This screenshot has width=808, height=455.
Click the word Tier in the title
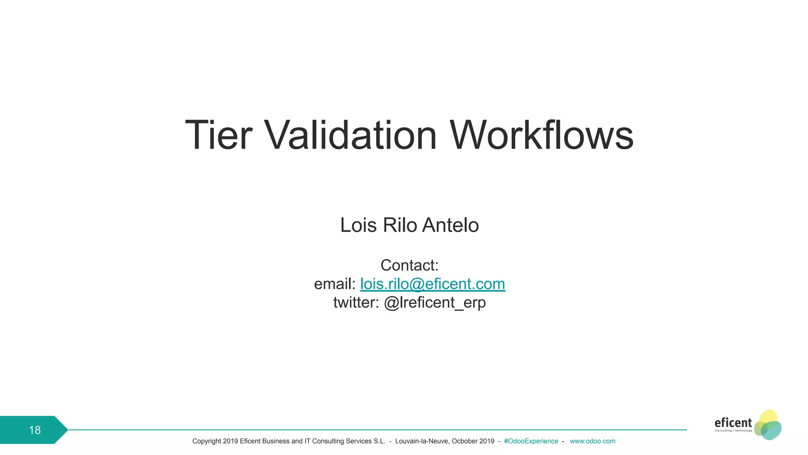coord(218,135)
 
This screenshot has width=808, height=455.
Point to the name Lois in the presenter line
coord(358,225)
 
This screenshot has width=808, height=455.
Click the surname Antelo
coord(450,225)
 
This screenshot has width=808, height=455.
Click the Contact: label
coord(410,265)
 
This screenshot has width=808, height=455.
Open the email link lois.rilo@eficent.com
coord(432,284)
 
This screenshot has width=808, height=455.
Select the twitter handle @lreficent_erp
coord(435,303)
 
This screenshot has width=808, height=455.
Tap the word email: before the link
coord(335,284)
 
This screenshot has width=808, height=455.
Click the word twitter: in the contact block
coord(356,303)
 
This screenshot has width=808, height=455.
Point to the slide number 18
coord(35,430)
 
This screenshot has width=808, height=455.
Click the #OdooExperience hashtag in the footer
coord(531,441)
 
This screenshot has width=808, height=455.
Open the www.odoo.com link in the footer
coord(592,441)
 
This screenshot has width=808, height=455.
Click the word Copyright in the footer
coord(207,441)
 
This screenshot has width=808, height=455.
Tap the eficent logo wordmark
coord(733,423)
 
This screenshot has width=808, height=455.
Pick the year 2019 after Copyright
coord(230,441)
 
